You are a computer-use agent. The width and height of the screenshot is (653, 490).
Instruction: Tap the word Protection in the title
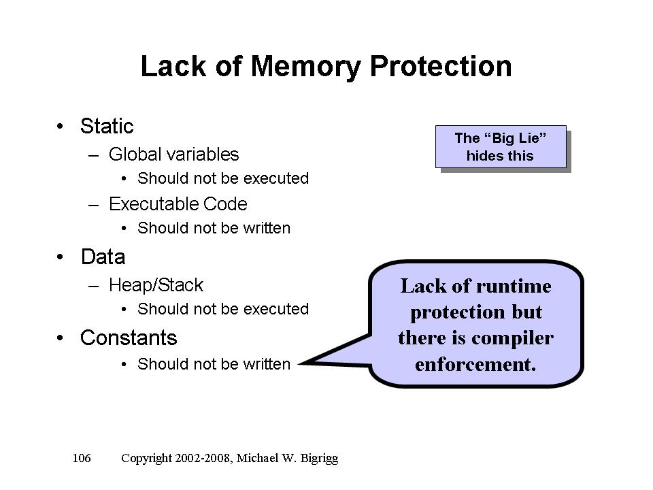pyautogui.click(x=441, y=67)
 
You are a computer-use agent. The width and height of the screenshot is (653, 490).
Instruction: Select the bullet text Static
pyautogui.click(x=107, y=126)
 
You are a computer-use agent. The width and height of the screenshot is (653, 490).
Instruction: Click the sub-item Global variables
pyautogui.click(x=173, y=154)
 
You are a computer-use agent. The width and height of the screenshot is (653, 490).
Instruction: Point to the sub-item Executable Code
pyautogui.click(x=178, y=204)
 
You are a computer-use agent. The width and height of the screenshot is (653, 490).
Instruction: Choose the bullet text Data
pyautogui.click(x=103, y=257)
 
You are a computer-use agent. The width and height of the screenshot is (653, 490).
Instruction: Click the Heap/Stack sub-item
pyautogui.click(x=156, y=284)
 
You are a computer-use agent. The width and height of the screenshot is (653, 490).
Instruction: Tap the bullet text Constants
pyautogui.click(x=129, y=338)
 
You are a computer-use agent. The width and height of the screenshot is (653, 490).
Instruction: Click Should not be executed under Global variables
pyautogui.click(x=223, y=178)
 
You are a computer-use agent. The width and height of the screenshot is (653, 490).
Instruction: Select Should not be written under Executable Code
pyautogui.click(x=214, y=228)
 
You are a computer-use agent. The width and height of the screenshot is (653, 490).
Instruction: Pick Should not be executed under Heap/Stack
pyautogui.click(x=223, y=309)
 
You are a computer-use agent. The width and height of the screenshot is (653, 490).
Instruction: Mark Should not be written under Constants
pyautogui.click(x=214, y=364)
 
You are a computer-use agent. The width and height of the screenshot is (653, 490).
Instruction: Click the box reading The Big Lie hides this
pyautogui.click(x=501, y=146)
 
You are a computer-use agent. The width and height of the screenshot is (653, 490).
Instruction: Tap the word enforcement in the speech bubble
pyautogui.click(x=475, y=364)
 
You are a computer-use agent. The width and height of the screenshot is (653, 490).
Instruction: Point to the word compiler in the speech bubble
pyautogui.click(x=517, y=338)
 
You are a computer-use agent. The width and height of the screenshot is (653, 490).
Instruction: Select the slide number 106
pyautogui.click(x=82, y=458)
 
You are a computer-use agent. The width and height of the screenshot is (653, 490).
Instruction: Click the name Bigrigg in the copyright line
pyautogui.click(x=316, y=458)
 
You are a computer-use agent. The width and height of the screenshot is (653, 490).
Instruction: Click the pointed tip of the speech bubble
pyautogui.click(x=300, y=362)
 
